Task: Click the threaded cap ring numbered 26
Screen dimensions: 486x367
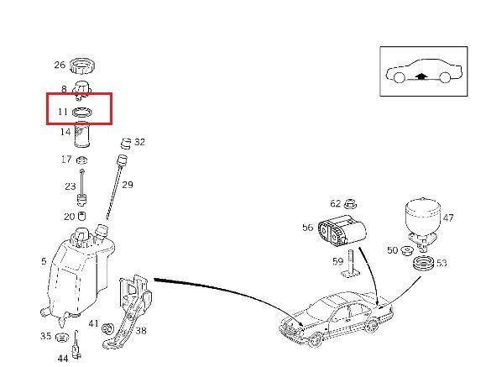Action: [x=81, y=66]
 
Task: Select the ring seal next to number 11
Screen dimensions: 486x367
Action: [x=81, y=112]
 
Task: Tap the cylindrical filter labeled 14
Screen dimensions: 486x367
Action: [x=81, y=134]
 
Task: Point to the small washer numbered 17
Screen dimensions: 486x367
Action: [x=81, y=160]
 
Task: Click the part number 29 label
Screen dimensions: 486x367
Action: [x=128, y=185]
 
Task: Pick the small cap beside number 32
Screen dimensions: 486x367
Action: [x=126, y=143]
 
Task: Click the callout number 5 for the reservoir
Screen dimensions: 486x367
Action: [x=44, y=261]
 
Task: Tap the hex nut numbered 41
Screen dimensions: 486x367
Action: [x=107, y=328]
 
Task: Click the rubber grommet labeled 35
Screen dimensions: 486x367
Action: [x=61, y=337]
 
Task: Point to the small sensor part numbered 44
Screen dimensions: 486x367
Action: [x=76, y=345]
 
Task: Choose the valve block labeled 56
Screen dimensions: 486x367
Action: [x=342, y=231]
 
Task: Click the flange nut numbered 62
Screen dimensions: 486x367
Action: [x=350, y=203]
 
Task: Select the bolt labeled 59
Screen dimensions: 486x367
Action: [x=351, y=264]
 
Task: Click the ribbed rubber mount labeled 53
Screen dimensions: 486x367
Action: [x=424, y=264]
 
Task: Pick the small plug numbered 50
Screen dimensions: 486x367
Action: [x=406, y=250]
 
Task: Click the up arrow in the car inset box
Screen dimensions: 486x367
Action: [x=421, y=76]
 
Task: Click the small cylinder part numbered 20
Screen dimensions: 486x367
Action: [x=82, y=216]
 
